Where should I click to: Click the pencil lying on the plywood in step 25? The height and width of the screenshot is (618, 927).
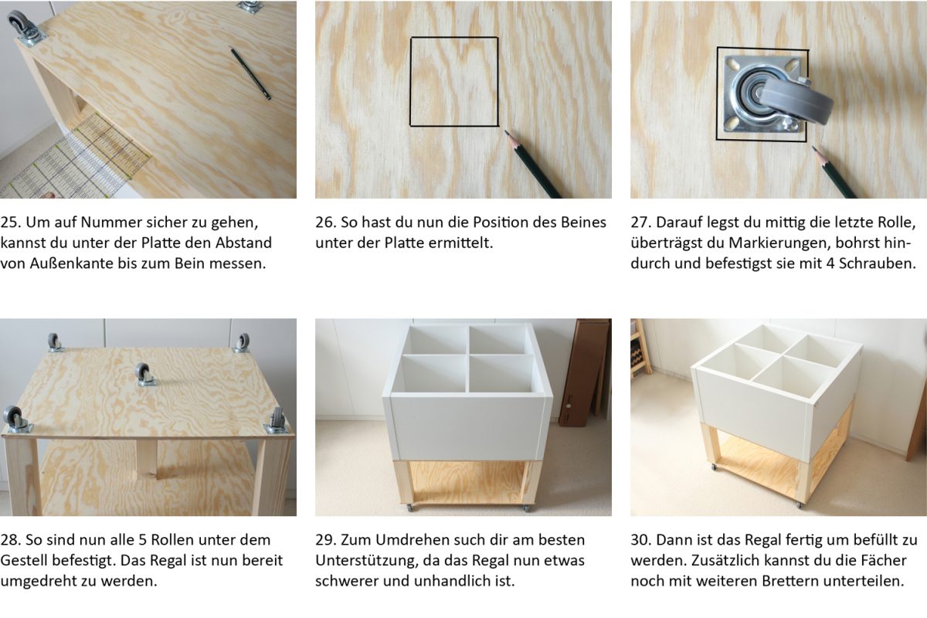tap(250, 73)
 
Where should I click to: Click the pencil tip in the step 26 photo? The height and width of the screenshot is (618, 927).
tap(506, 132)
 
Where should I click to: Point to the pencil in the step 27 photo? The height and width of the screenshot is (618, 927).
tap(834, 171)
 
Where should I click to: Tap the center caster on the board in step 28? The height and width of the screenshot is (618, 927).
tap(145, 375)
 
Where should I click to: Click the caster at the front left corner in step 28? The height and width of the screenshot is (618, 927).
tap(15, 419)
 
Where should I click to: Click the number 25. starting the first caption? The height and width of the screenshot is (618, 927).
tap(11, 222)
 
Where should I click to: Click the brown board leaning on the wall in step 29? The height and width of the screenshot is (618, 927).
tap(583, 372)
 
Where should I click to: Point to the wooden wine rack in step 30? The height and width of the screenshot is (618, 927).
tap(640, 348)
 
